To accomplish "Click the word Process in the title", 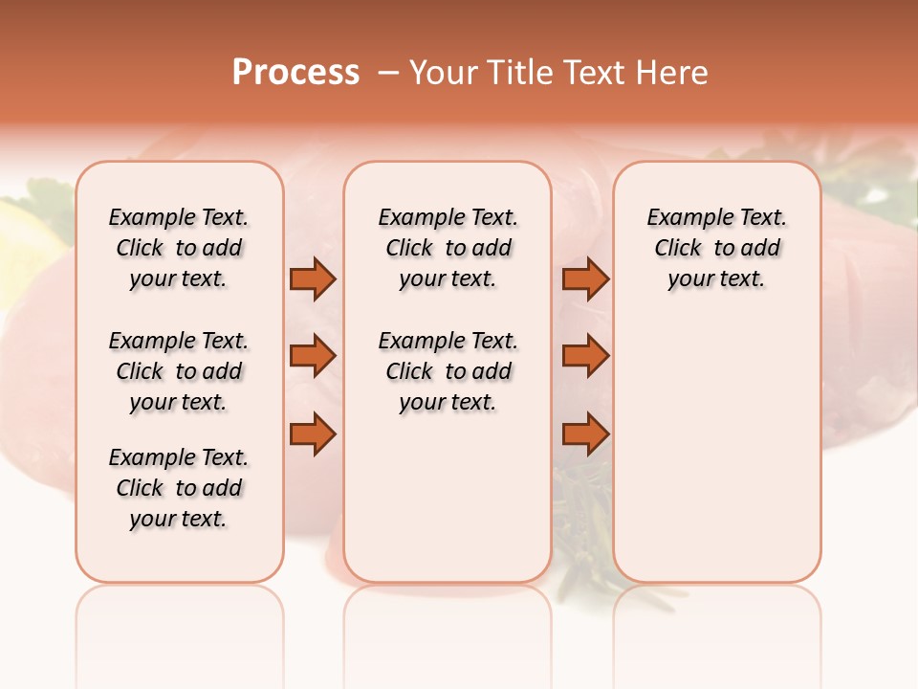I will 295,73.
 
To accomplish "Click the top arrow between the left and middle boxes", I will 313,278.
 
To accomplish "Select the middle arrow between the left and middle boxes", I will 313,356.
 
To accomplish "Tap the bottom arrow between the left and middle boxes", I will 313,433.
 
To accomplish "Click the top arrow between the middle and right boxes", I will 585,278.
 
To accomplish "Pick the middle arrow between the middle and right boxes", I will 585,356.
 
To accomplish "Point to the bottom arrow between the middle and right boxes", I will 585,433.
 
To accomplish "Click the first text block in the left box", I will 179,248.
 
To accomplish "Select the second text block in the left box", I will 179,371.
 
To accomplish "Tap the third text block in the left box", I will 179,488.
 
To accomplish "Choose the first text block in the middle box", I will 448,248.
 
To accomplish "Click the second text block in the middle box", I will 448,371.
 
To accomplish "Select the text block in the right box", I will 717,248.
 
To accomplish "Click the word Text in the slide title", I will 594,73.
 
